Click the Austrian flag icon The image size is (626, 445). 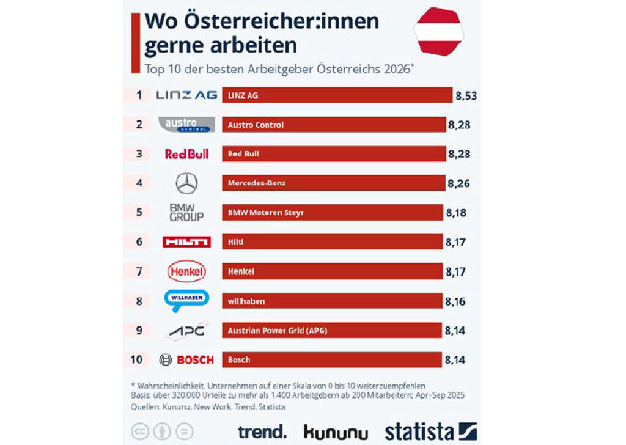coord(439,31)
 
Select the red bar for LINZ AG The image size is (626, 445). coord(336,95)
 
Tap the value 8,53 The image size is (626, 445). coord(466,95)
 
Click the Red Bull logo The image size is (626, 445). coord(186,154)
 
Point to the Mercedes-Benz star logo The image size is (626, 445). coord(186,183)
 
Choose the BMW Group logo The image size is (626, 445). coord(186,213)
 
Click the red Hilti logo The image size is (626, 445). coord(186,242)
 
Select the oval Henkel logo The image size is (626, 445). coord(186,271)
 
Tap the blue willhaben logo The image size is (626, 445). coord(186,300)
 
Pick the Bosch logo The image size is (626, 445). coord(186,359)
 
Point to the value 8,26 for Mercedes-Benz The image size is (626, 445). coord(459,183)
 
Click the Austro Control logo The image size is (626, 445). coord(186,125)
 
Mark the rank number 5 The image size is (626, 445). coord(139,213)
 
